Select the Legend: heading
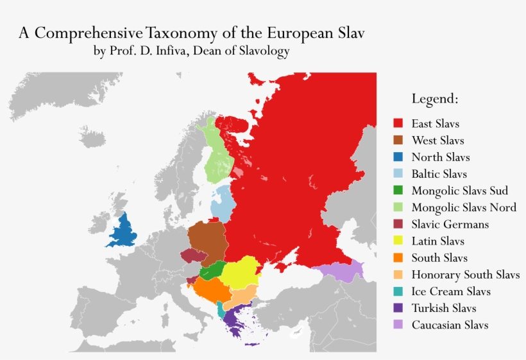click(x=434, y=99)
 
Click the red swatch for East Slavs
click(x=398, y=123)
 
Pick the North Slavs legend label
click(x=440, y=157)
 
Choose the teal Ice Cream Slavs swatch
click(x=398, y=292)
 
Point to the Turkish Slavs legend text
click(x=443, y=309)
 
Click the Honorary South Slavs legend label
click(x=465, y=275)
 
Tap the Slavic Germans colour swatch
click(x=398, y=225)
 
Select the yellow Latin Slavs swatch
click(x=398, y=241)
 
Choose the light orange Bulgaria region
click(x=242, y=297)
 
